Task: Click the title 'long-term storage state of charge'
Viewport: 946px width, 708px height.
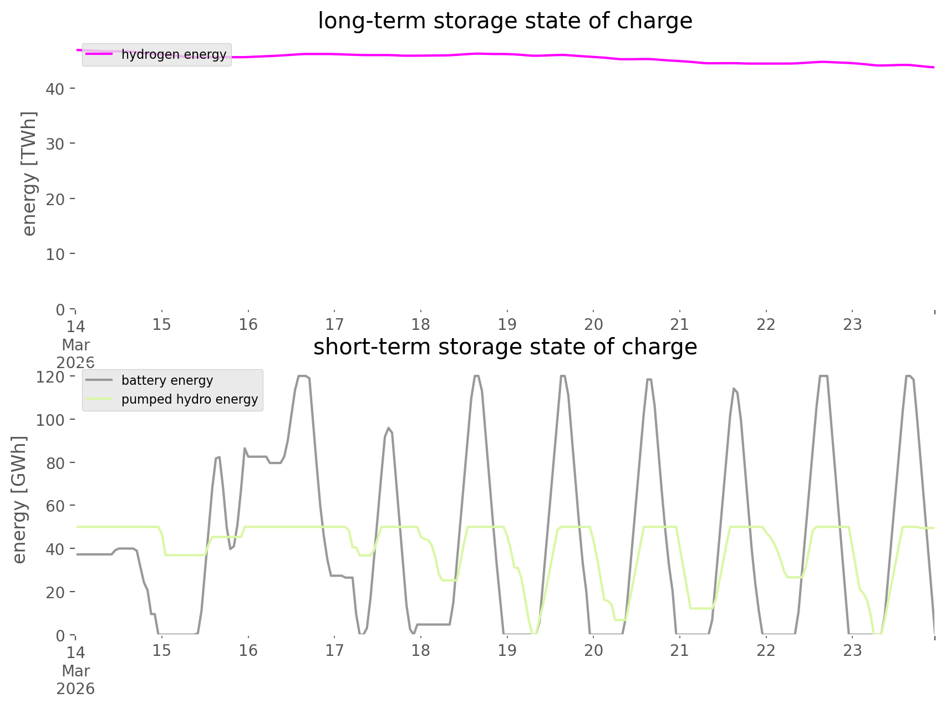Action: pyautogui.click(x=505, y=21)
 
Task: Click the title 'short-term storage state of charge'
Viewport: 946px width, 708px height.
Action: pyautogui.click(x=505, y=347)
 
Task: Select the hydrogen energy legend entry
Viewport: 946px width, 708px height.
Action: pyautogui.click(x=174, y=54)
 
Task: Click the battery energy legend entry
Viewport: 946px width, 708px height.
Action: pyautogui.click(x=167, y=380)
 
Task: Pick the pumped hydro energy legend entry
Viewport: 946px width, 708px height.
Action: pyautogui.click(x=189, y=399)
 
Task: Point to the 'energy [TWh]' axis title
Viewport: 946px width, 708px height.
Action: pyautogui.click(x=29, y=174)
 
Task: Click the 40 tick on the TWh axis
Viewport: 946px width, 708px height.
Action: pyautogui.click(x=55, y=89)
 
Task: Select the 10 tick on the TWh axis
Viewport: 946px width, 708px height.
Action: pyautogui.click(x=55, y=254)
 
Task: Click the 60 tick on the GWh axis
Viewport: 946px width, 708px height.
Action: pyautogui.click(x=55, y=506)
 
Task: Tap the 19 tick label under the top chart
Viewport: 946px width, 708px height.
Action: pyautogui.click(x=507, y=324)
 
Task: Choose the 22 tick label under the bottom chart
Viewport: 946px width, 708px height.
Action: pyautogui.click(x=766, y=650)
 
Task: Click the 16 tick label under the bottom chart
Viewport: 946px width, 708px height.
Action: pyautogui.click(x=248, y=650)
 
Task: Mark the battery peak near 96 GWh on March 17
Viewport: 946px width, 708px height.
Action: pyautogui.click(x=388, y=428)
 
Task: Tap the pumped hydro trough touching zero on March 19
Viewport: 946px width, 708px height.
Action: pyautogui.click(x=533, y=633)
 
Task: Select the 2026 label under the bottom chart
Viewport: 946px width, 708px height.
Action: pyautogui.click(x=75, y=689)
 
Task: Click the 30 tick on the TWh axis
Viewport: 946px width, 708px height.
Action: pyautogui.click(x=55, y=144)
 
